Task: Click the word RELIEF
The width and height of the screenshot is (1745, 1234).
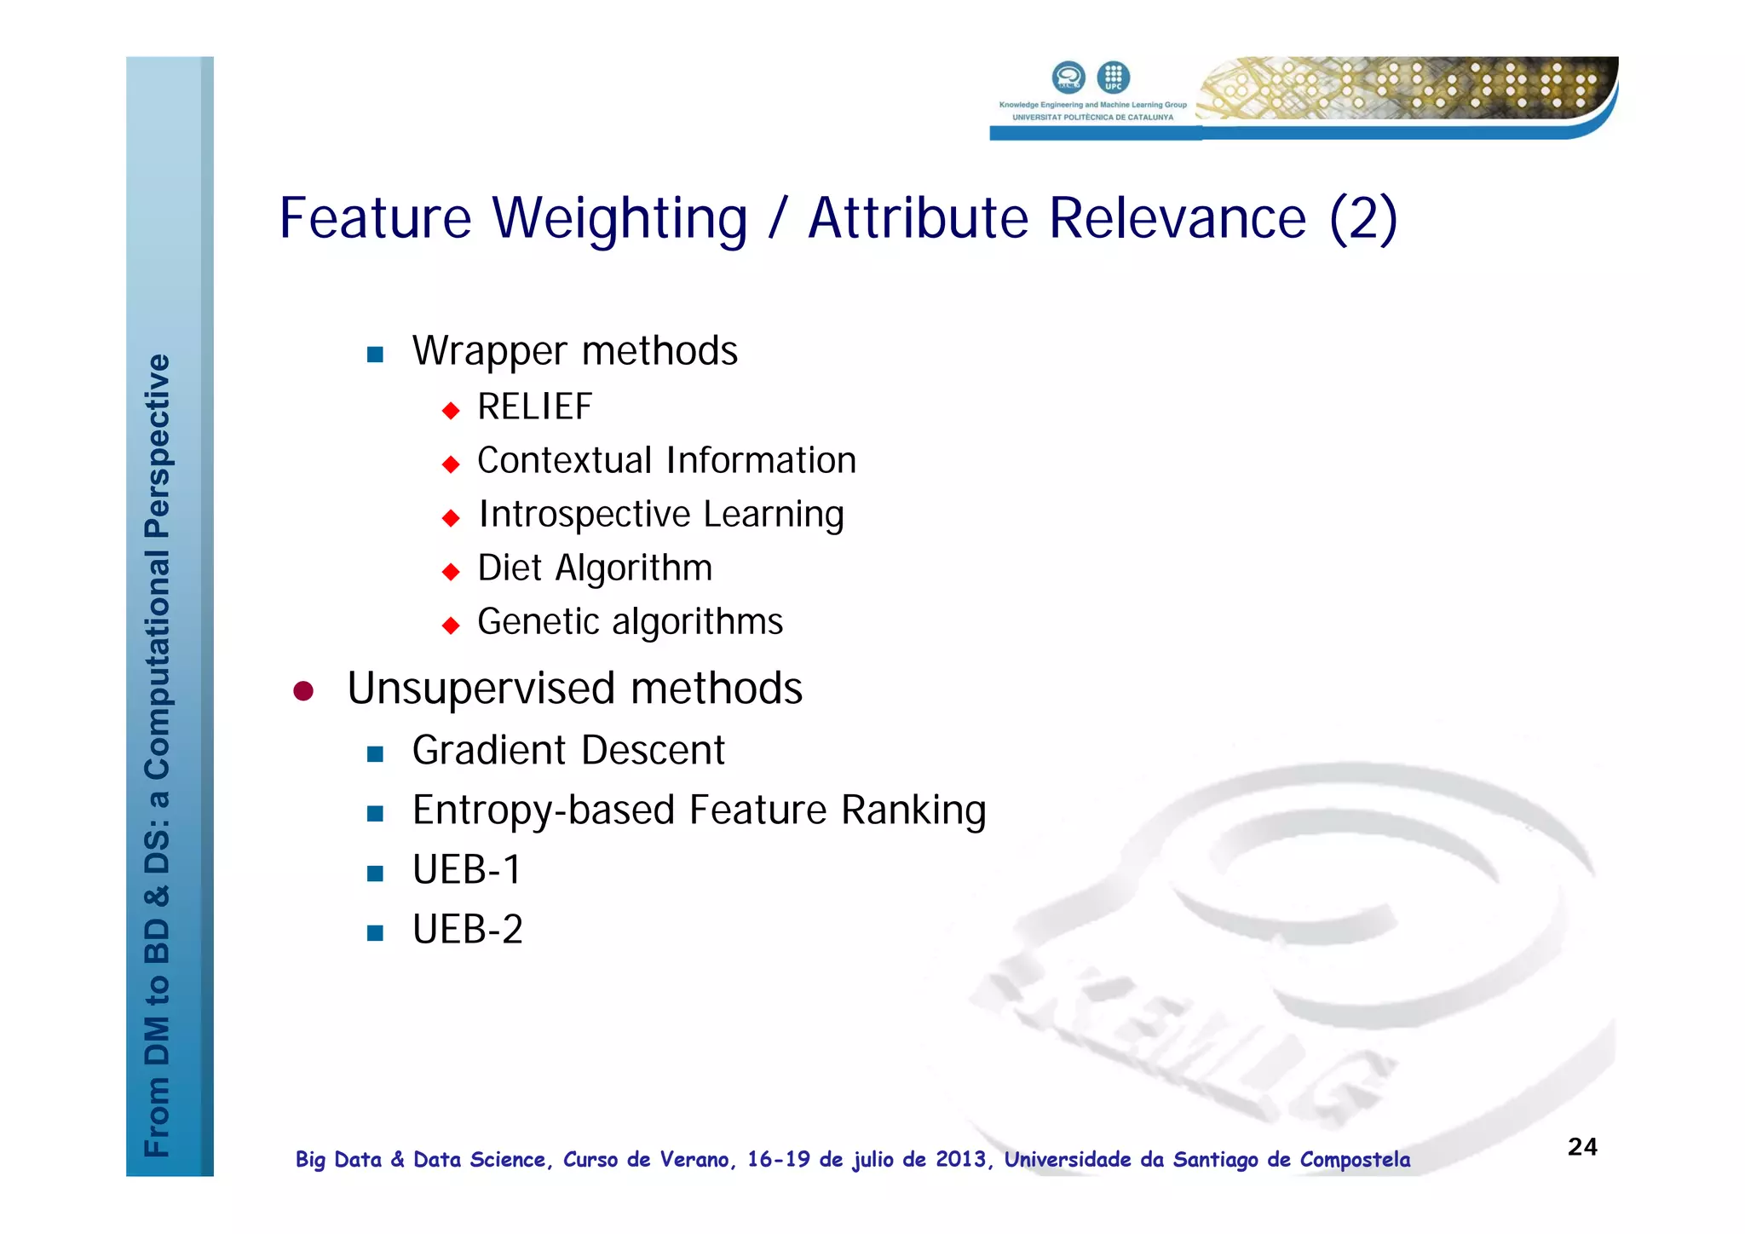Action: (x=534, y=407)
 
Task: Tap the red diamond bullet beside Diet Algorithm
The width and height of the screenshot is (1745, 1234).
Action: (x=451, y=571)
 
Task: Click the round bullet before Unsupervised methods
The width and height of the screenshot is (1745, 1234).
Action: (x=303, y=690)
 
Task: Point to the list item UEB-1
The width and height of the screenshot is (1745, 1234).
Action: (x=466, y=870)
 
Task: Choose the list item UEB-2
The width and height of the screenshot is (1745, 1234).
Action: (x=467, y=930)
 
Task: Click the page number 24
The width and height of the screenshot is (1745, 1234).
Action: (x=1582, y=1147)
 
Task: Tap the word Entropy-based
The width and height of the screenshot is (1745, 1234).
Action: (x=544, y=810)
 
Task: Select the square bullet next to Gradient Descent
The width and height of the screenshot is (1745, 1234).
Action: (x=375, y=753)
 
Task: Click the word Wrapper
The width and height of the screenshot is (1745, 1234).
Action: (x=489, y=351)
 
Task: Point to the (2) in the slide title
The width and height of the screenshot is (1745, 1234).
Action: (x=1363, y=218)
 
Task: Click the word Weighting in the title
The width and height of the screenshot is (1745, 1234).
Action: (x=619, y=218)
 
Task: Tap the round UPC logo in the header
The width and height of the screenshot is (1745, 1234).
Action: (x=1113, y=77)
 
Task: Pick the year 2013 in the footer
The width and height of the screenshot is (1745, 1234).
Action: (x=961, y=1160)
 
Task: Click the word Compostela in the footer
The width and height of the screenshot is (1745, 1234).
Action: (x=1355, y=1160)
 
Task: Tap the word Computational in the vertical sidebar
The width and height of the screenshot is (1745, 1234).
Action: (x=158, y=666)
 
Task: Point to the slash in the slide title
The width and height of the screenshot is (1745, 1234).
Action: (x=776, y=218)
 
